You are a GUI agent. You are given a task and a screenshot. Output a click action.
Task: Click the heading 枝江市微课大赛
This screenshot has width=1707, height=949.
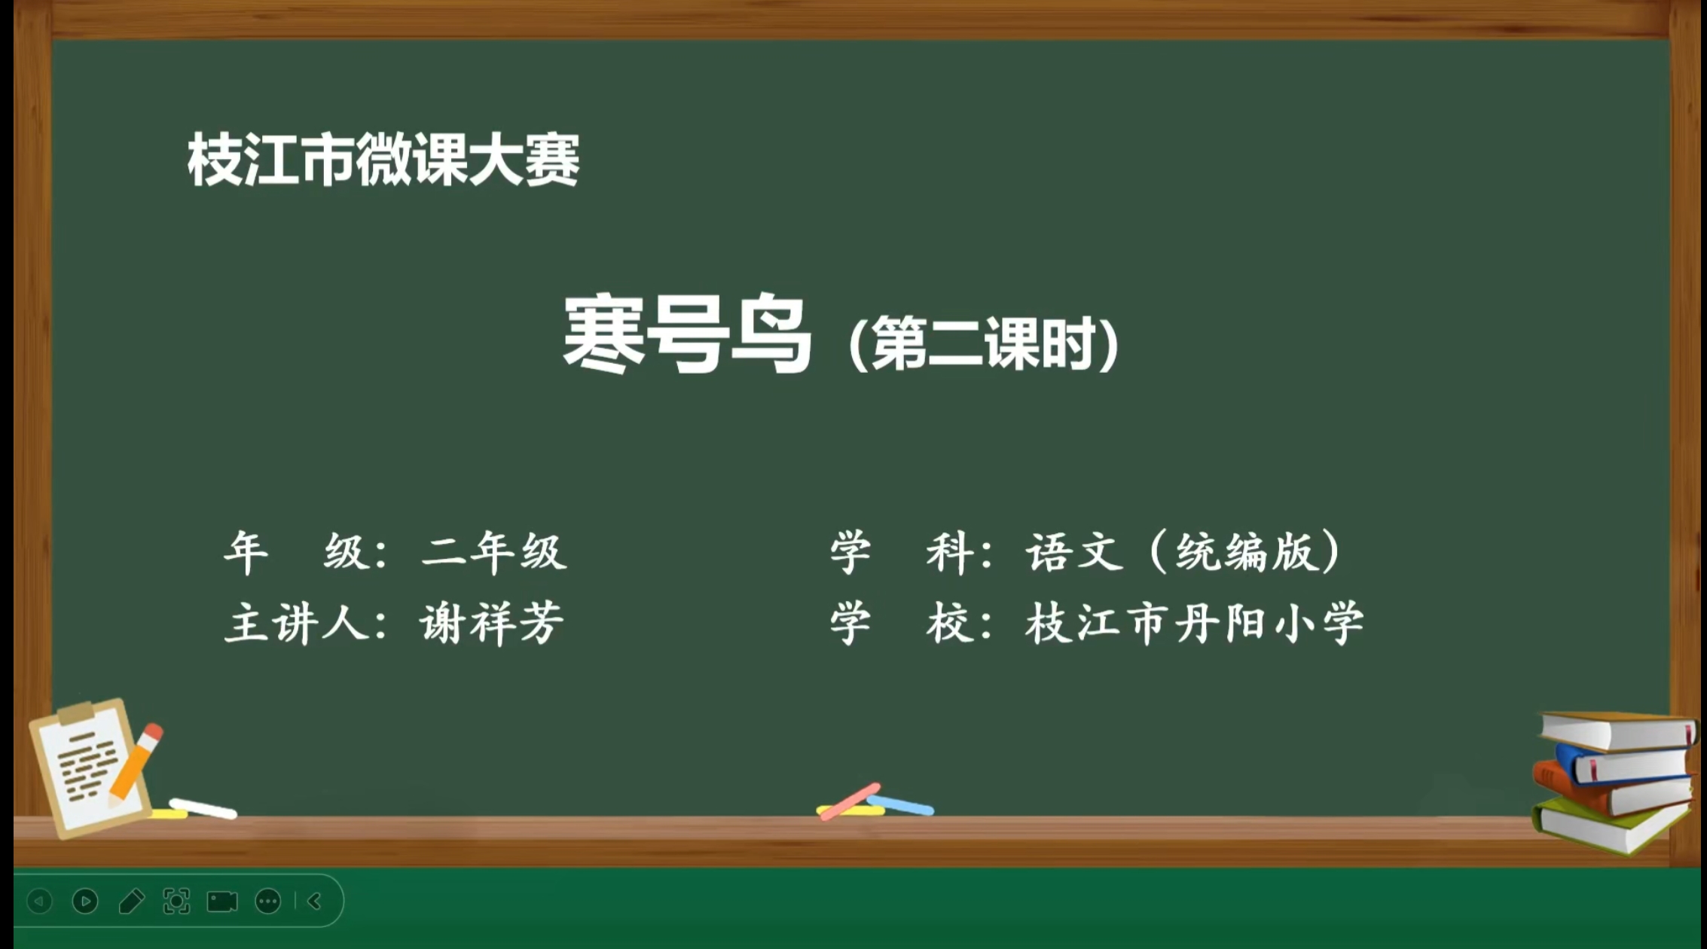(x=383, y=159)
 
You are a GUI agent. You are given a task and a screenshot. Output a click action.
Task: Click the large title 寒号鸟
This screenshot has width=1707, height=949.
(x=687, y=334)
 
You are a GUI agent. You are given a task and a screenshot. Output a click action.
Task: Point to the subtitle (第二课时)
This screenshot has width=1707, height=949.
(x=983, y=344)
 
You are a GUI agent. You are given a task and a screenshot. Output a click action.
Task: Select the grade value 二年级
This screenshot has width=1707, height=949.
(x=494, y=552)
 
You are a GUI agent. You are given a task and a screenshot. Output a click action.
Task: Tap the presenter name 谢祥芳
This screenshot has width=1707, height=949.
(x=492, y=623)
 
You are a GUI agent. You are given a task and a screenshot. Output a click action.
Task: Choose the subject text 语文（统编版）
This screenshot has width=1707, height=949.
(x=1183, y=552)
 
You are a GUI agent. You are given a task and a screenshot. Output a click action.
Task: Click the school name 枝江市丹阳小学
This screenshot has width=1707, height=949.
(x=1194, y=623)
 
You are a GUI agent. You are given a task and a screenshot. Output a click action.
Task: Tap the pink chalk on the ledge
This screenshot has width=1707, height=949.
(x=850, y=801)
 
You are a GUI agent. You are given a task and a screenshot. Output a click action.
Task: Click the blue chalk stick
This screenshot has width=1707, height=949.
(x=900, y=805)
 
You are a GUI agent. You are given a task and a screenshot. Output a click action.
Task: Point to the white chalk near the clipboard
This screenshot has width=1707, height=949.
(x=203, y=808)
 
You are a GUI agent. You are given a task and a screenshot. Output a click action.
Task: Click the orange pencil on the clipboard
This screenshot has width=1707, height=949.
(x=135, y=762)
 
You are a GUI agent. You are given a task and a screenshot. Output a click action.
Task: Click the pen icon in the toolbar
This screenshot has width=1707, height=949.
(x=132, y=901)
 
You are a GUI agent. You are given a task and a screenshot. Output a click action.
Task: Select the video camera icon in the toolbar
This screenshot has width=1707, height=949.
(x=222, y=902)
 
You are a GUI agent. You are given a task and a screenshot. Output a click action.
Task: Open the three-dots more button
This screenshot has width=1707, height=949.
(x=268, y=902)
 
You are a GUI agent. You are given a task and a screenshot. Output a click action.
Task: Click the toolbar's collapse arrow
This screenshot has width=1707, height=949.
(x=315, y=901)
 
